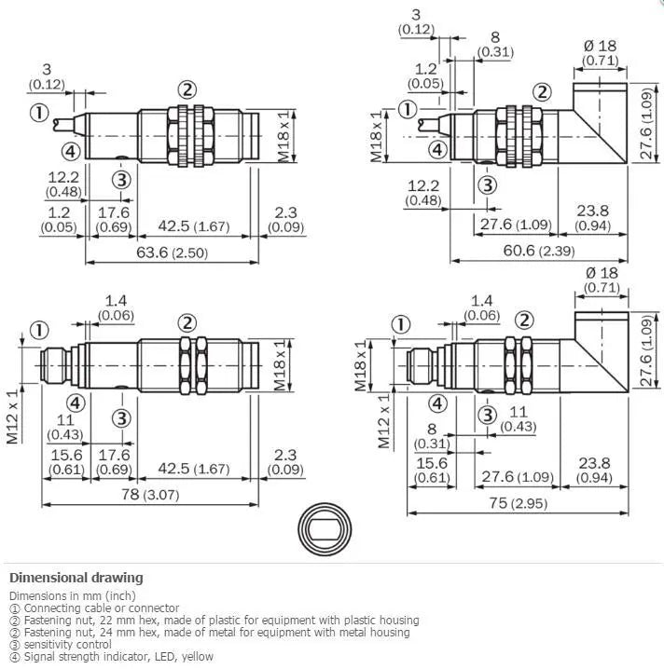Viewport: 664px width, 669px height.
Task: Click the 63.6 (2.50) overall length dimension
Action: pyautogui.click(x=173, y=253)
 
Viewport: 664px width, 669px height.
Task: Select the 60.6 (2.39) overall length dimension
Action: pyautogui.click(x=539, y=251)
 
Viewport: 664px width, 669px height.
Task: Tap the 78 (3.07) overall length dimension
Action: pyautogui.click(x=150, y=495)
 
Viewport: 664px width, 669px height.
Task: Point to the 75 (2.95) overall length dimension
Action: pyautogui.click(x=518, y=503)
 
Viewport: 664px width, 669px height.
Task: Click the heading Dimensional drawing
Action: pyautogui.click(x=76, y=578)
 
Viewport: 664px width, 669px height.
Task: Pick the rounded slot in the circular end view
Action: pyautogui.click(x=325, y=529)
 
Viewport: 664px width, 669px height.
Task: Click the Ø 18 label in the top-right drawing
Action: pyautogui.click(x=600, y=46)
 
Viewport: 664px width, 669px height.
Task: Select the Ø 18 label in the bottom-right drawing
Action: pyautogui.click(x=602, y=273)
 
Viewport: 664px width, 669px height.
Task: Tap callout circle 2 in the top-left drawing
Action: pyautogui.click(x=187, y=90)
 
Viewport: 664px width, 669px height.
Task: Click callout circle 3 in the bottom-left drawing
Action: pyautogui.click(x=121, y=418)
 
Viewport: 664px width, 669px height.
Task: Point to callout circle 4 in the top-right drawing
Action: pyautogui.click(x=437, y=150)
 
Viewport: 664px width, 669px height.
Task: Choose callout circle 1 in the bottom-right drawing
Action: pyautogui.click(x=400, y=324)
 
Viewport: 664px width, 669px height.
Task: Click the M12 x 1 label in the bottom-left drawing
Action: pyautogui.click(x=13, y=416)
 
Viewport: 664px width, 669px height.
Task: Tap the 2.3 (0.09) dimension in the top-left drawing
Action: pyautogui.click(x=285, y=219)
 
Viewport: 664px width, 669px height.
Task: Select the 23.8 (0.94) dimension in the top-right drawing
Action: pyautogui.click(x=593, y=218)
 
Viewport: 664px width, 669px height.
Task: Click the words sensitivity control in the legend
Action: pyautogui.click(x=67, y=644)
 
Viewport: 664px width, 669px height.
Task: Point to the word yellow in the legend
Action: pyautogui.click(x=198, y=657)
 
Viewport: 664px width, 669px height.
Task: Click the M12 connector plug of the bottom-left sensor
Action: pyautogui.click(x=54, y=365)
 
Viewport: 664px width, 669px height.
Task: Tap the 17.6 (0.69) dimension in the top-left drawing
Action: pyautogui.click(x=113, y=219)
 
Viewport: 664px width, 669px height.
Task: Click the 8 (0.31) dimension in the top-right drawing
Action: pyautogui.click(x=495, y=45)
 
